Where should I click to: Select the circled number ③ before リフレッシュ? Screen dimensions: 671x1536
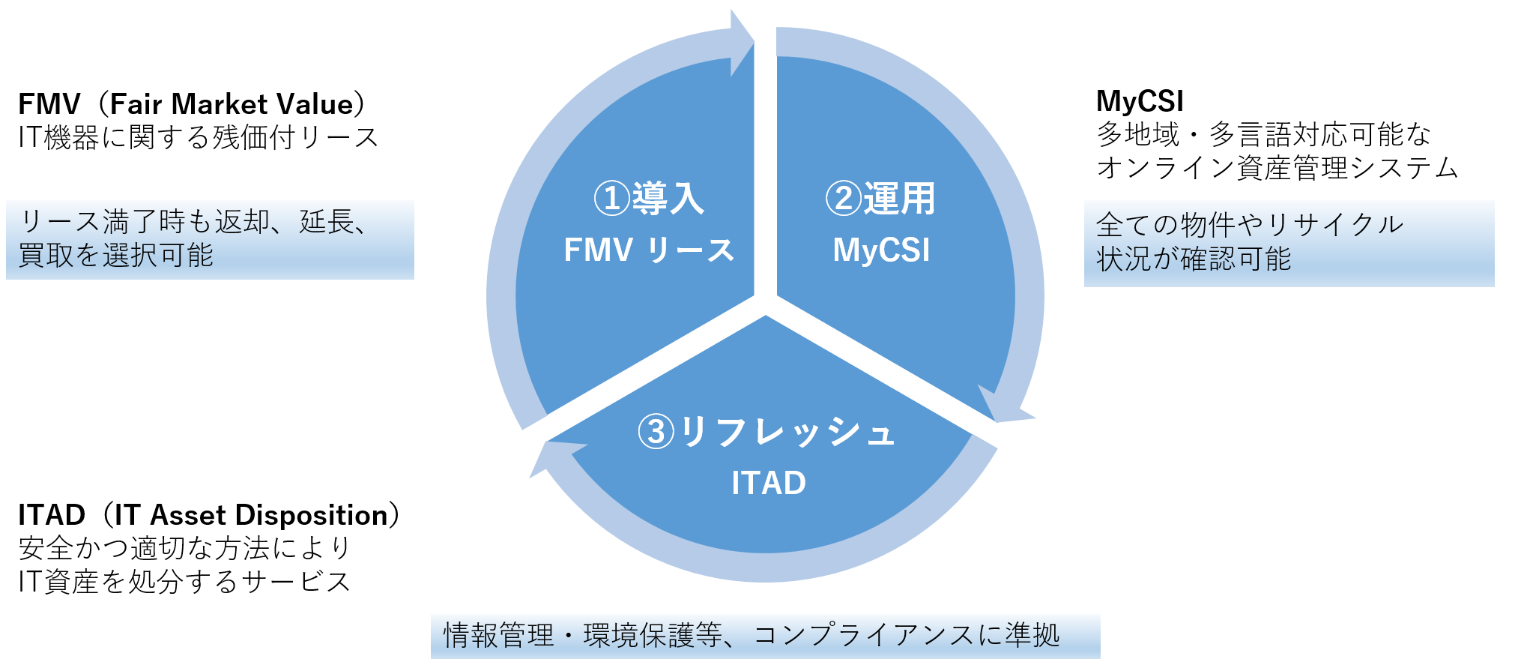[x=656, y=432]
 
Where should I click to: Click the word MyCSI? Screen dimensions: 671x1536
[x=881, y=250]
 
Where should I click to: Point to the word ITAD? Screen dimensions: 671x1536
[x=769, y=483]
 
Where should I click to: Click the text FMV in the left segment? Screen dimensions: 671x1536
[x=598, y=250]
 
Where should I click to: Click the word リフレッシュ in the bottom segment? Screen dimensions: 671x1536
[x=787, y=432]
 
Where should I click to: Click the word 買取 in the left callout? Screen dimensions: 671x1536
[x=46, y=255]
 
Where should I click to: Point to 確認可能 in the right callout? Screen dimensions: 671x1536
[x=1236, y=259]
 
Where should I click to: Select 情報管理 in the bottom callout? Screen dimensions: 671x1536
[x=498, y=636]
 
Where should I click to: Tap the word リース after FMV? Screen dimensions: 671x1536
[x=690, y=250]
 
